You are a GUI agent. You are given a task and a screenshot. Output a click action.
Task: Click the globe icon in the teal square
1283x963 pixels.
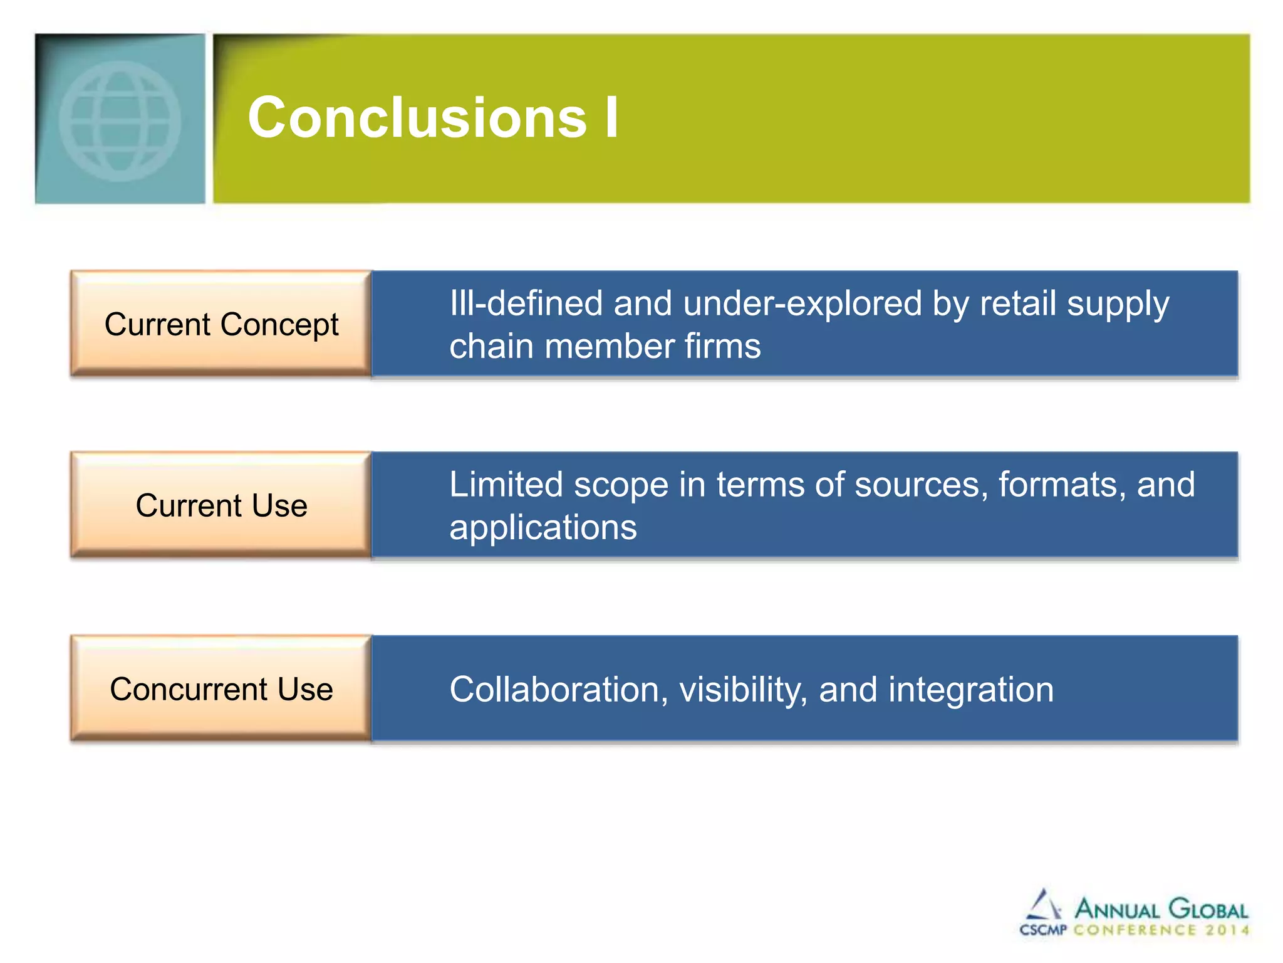(120, 121)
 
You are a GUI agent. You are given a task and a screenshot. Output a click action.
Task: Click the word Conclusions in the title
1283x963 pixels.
(417, 118)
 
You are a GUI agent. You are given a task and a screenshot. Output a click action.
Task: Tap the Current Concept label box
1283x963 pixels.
(221, 324)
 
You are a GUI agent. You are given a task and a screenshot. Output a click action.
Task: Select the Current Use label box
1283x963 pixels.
(221, 505)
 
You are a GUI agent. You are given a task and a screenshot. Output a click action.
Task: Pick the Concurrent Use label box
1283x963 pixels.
(221, 689)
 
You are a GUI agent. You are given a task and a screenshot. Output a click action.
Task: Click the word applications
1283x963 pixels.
(543, 528)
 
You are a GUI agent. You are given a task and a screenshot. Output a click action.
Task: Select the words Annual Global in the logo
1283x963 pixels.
(1161, 909)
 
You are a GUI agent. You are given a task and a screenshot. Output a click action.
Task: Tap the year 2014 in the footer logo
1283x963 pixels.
(1227, 930)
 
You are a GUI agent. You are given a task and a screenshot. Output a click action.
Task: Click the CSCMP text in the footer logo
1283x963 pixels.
(1043, 930)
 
